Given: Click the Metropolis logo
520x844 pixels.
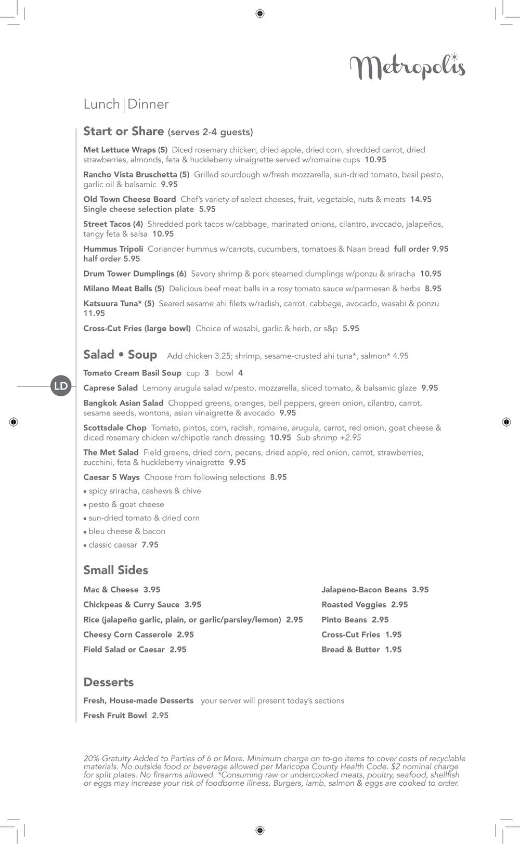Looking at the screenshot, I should point(407,67).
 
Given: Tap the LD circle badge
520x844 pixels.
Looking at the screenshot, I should point(61,386).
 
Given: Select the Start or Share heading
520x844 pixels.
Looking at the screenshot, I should point(124,131).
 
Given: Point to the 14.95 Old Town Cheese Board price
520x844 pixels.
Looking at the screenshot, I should point(421,199).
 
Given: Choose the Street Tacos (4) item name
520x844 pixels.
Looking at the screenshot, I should point(113,224).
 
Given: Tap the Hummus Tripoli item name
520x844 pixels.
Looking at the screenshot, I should point(113,249).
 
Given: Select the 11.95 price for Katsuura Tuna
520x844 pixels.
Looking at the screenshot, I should point(94,313).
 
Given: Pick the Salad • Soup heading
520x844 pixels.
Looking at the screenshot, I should point(120,355).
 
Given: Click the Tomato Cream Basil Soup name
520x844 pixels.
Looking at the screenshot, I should point(132,373).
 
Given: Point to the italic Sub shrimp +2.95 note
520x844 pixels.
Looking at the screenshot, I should point(329,437).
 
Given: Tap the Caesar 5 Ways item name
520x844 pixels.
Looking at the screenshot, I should point(111,477).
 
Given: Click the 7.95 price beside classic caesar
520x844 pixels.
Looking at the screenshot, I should point(150,544).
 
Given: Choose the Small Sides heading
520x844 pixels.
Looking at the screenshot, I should point(115,570).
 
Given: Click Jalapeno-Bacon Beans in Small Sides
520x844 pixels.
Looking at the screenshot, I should point(364,589).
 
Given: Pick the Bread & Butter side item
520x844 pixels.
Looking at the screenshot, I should point(350,649).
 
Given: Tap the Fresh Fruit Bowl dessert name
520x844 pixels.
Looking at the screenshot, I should point(115,715).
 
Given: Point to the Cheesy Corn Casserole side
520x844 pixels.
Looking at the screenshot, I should point(127,634).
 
